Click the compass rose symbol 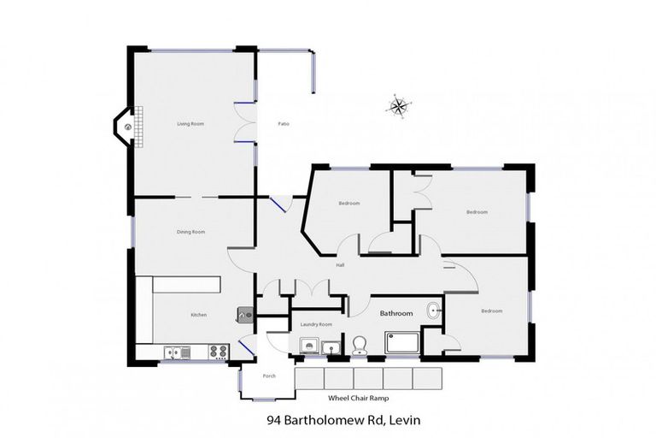click(x=398, y=106)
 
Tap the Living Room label click(x=190, y=125)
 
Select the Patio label click(x=284, y=125)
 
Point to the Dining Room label click(x=190, y=232)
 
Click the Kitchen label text click(x=198, y=315)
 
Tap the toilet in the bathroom click(x=360, y=345)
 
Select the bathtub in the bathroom click(x=402, y=343)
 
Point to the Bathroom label click(x=395, y=314)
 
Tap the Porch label click(x=269, y=376)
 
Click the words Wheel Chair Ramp click(x=356, y=398)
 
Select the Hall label click(x=339, y=264)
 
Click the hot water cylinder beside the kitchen click(x=243, y=314)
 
